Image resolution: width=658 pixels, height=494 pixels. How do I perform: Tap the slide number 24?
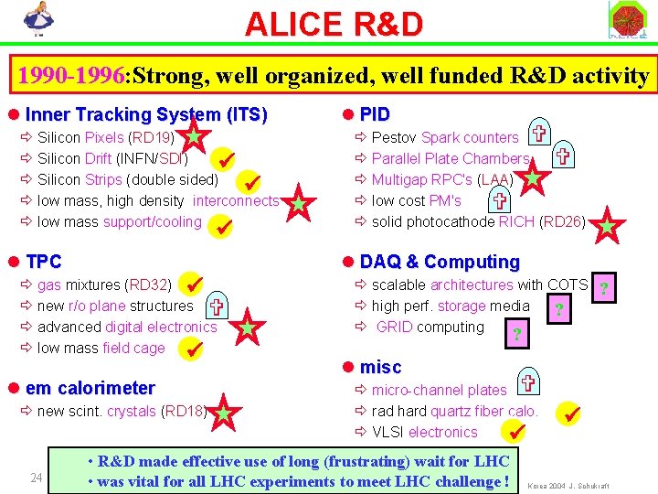(37, 477)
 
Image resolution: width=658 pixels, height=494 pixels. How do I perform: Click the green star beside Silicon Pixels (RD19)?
(195, 138)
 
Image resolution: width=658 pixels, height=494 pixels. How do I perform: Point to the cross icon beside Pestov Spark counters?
(539, 134)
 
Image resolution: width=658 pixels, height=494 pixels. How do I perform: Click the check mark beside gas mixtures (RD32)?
(193, 285)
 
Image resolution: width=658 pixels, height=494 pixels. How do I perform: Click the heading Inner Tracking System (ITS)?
(146, 114)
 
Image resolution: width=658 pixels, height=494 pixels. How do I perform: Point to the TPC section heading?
(44, 262)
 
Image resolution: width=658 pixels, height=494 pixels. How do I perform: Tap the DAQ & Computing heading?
(439, 262)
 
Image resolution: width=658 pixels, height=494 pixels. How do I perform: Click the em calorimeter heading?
(90, 388)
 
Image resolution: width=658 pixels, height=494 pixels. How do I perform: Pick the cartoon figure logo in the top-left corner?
(37, 20)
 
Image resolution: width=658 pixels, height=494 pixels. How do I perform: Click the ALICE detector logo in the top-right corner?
(628, 20)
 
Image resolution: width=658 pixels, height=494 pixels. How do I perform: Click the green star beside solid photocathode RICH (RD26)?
(608, 225)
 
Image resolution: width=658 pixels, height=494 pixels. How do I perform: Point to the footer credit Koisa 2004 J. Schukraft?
(569, 485)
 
